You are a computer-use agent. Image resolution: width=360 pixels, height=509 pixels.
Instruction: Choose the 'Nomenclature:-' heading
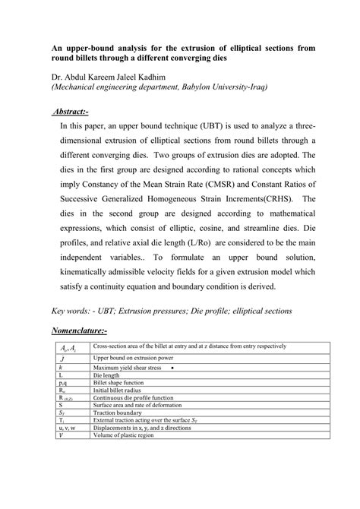[79, 331]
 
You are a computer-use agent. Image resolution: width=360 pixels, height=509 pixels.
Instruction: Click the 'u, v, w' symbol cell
[67, 428]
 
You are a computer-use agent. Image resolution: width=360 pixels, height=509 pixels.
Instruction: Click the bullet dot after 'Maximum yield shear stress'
[174, 367]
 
